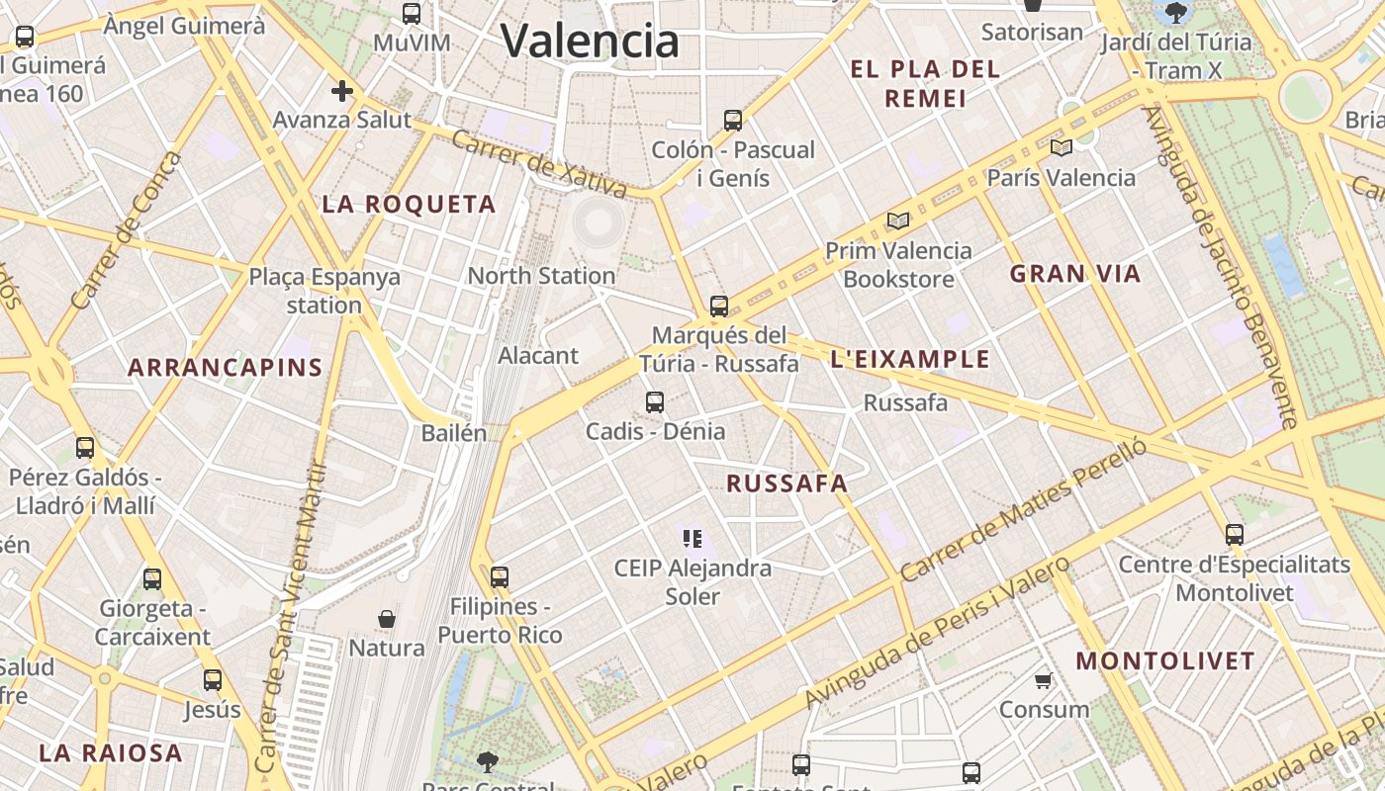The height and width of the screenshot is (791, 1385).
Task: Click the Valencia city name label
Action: (590, 41)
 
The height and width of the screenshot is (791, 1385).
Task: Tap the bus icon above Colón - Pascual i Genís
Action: (733, 121)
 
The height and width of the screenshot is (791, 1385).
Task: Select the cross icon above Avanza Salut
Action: (341, 92)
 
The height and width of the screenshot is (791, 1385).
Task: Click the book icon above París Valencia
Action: (1062, 148)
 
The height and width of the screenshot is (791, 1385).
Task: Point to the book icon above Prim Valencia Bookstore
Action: (898, 220)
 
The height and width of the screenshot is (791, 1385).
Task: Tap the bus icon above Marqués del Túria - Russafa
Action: (719, 307)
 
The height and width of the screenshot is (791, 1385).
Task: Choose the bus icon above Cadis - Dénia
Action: (655, 402)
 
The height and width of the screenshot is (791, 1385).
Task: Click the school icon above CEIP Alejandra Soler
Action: (692, 539)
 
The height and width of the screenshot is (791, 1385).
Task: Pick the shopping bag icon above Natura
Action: (387, 619)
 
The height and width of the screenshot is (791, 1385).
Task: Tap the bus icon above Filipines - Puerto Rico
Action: (500, 576)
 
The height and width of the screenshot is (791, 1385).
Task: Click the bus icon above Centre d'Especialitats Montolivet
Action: (1235, 535)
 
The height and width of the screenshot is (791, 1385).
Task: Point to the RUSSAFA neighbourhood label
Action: (787, 483)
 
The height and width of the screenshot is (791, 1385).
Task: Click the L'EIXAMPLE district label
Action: (910, 359)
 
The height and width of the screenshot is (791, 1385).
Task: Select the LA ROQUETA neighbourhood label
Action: (409, 205)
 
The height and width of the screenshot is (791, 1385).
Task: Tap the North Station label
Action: (541, 276)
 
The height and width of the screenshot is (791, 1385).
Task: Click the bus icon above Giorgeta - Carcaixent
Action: (152, 579)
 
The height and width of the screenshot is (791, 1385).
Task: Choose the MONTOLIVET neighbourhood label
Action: (1165, 660)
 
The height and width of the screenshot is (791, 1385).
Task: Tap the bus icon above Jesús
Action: (213, 680)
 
